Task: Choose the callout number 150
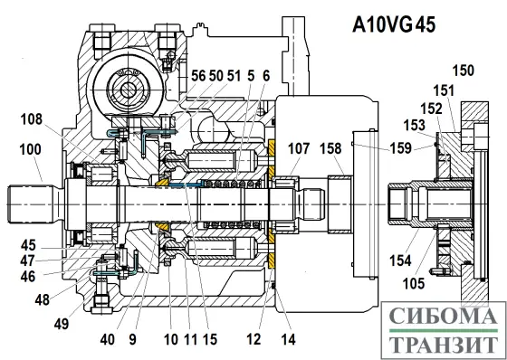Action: tap(463, 71)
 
